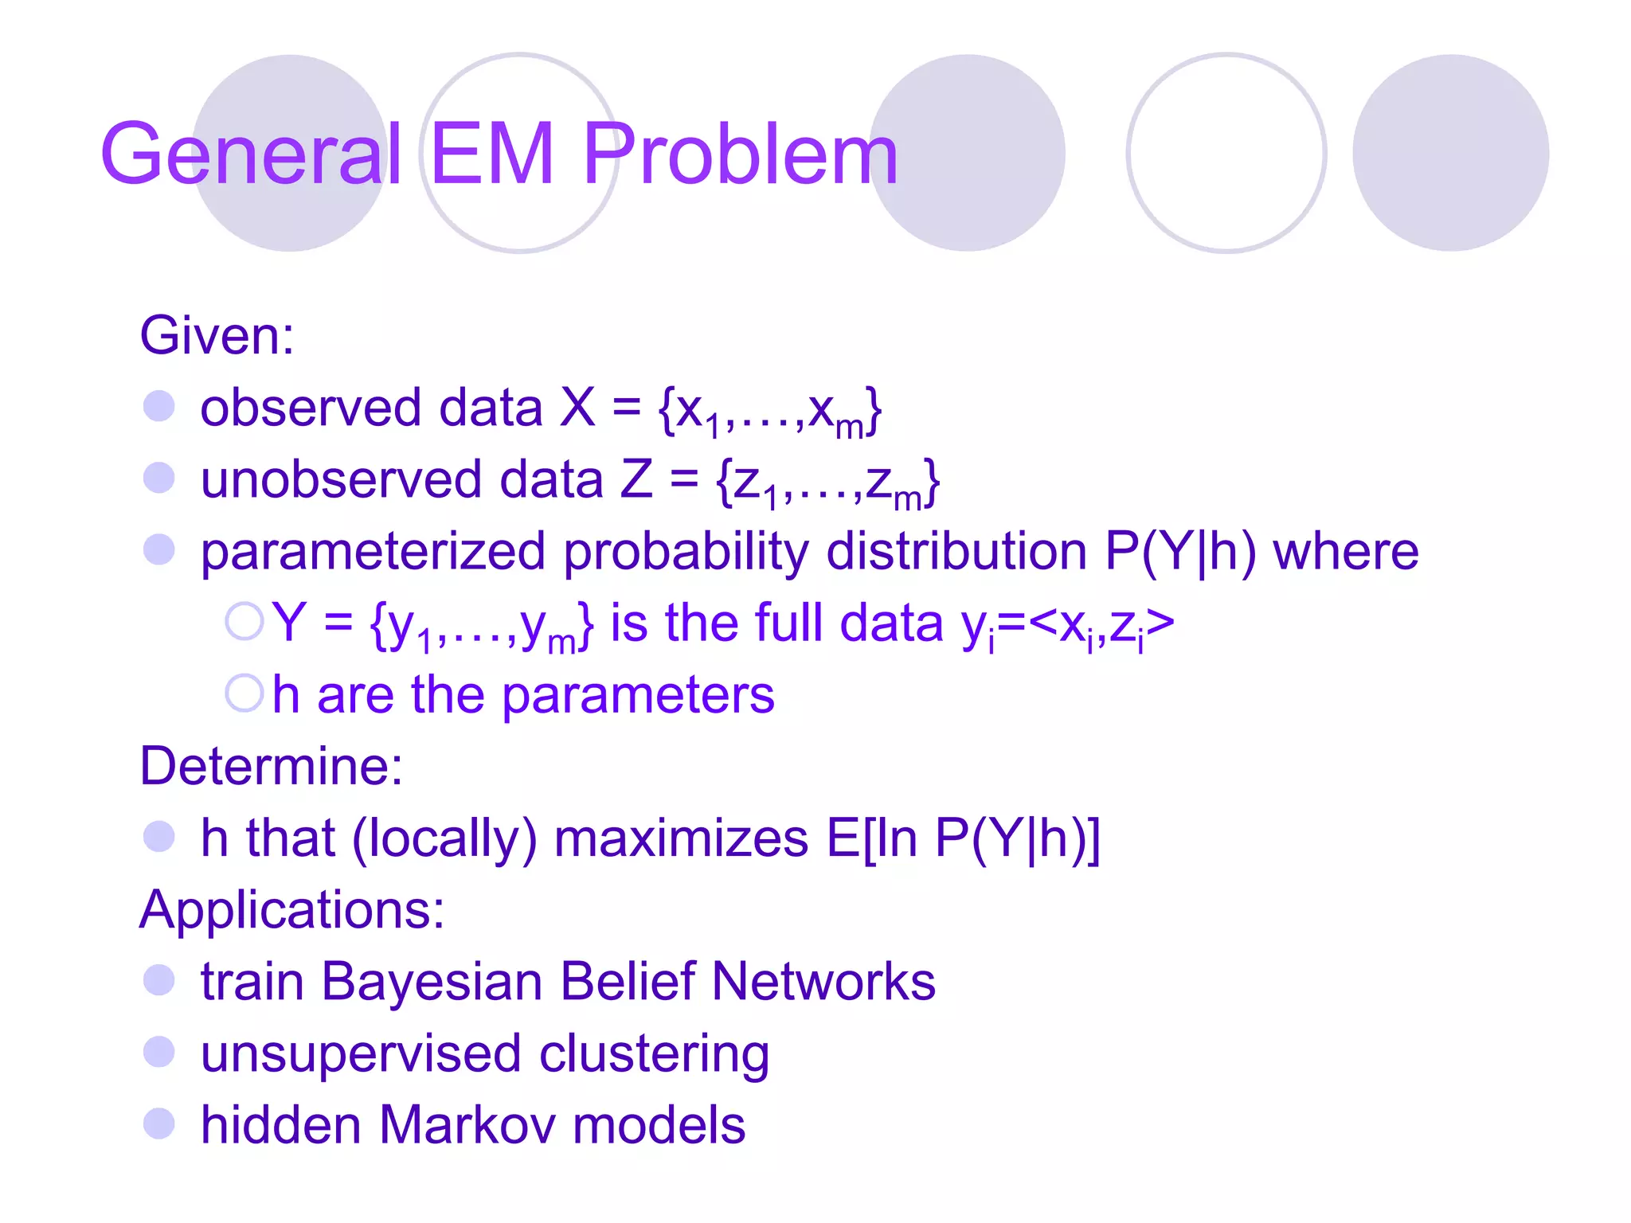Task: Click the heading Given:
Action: [x=217, y=335]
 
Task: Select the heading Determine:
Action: [x=271, y=766]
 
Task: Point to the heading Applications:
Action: [x=291, y=909]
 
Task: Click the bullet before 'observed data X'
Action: [x=158, y=406]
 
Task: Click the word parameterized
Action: [x=373, y=552]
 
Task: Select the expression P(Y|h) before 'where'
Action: [x=1180, y=551]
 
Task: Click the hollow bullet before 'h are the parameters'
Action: [x=244, y=693]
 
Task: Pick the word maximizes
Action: [x=681, y=838]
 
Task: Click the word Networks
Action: [x=823, y=981]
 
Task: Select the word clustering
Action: [x=654, y=1054]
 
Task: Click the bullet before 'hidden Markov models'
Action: [x=158, y=1124]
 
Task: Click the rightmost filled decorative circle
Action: [x=1450, y=153]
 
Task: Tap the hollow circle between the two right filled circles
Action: [x=1226, y=153]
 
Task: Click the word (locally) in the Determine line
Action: [x=444, y=838]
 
